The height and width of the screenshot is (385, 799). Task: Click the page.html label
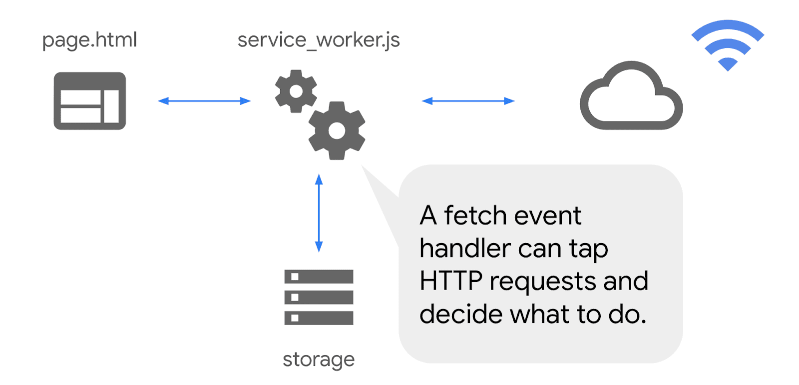(x=89, y=40)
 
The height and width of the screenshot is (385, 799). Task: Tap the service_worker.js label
(x=319, y=40)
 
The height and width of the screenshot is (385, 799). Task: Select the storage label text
(x=319, y=359)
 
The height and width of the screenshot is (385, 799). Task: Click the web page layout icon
(x=90, y=101)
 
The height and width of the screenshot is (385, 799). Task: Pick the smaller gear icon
(x=296, y=91)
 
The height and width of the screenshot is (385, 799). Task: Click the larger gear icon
(x=337, y=130)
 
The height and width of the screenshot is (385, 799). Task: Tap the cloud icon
(x=631, y=97)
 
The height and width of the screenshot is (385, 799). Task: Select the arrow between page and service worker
(x=204, y=101)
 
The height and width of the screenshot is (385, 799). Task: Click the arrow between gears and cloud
(x=468, y=101)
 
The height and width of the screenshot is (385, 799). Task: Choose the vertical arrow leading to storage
(x=319, y=213)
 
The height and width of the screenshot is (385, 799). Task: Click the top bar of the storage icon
(x=319, y=276)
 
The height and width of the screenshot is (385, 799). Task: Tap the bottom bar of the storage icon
(x=319, y=318)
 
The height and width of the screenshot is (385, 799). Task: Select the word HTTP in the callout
(x=451, y=281)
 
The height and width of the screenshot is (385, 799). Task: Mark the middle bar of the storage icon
(x=319, y=297)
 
